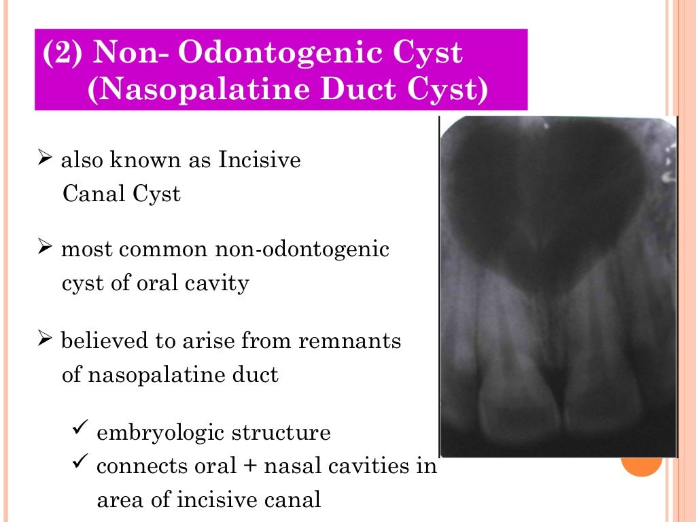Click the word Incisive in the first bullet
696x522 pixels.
click(260, 161)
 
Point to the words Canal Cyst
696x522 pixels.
click(122, 194)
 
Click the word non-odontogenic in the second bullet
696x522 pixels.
click(302, 249)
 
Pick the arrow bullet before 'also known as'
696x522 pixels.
click(45, 161)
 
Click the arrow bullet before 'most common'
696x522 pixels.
click(45, 249)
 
